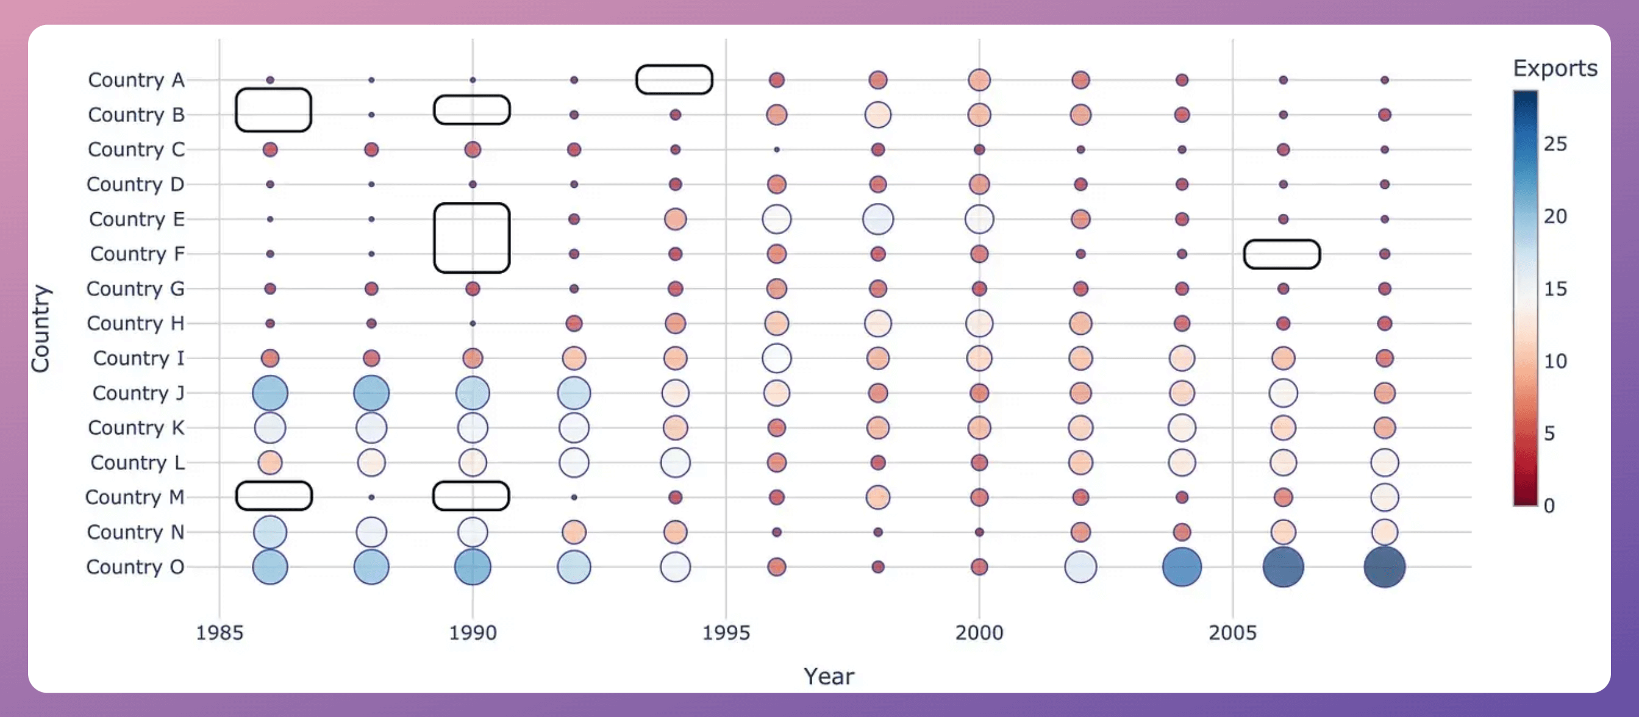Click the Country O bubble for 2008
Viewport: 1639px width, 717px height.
pyautogui.click(x=1384, y=566)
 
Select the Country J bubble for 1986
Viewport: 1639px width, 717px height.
pyautogui.click(x=270, y=393)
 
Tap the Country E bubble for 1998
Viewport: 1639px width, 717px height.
pyautogui.click(x=877, y=219)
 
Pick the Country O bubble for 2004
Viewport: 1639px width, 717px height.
pyautogui.click(x=1182, y=566)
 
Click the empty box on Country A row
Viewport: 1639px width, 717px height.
pyautogui.click(x=674, y=79)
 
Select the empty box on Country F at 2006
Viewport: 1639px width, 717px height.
pyautogui.click(x=1282, y=254)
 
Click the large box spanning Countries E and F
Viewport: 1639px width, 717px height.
pyautogui.click(x=471, y=238)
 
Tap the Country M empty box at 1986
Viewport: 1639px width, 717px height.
pyautogui.click(x=274, y=496)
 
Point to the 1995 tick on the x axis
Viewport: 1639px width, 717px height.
pyautogui.click(x=726, y=632)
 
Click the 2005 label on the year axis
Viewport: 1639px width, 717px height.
pyautogui.click(x=1232, y=632)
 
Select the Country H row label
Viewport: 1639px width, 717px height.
pyautogui.click(x=135, y=323)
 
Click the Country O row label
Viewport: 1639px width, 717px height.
pyautogui.click(x=135, y=566)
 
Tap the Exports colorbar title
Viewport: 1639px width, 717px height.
pyautogui.click(x=1554, y=68)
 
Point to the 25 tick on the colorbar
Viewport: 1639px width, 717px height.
pyautogui.click(x=1554, y=144)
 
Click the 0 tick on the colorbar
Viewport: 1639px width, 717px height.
pyautogui.click(x=1549, y=506)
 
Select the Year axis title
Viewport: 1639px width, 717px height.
pyautogui.click(x=829, y=676)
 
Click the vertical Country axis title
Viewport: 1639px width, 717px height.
pyautogui.click(x=40, y=328)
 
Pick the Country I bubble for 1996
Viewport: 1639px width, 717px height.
pyautogui.click(x=776, y=358)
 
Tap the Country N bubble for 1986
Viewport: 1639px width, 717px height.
pyautogui.click(x=270, y=532)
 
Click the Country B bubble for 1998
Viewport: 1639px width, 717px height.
pyautogui.click(x=877, y=115)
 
